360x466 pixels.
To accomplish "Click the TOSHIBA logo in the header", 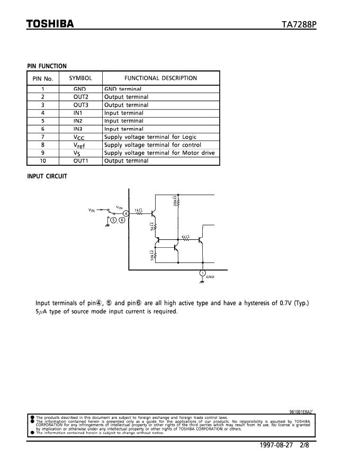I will pyautogui.click(x=50, y=24).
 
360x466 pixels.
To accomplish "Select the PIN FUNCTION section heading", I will pyautogui.click(x=47, y=66).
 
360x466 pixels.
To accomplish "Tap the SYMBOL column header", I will pyautogui.click(x=80, y=78).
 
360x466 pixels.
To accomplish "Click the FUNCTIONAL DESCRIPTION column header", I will pyautogui.click(x=160, y=78).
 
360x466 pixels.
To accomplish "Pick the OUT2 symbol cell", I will pyautogui.click(x=81, y=97).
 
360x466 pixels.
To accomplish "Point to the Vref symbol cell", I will pyautogui.click(x=80, y=145).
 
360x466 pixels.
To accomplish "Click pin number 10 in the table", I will pyautogui.click(x=43, y=160).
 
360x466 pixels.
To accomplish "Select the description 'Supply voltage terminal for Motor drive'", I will pyautogui.click(x=159, y=153).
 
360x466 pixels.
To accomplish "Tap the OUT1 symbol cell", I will pyautogui.click(x=81, y=160).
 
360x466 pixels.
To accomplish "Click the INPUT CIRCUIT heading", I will pyautogui.click(x=47, y=176).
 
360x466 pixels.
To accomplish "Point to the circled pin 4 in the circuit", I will pyautogui.click(x=125, y=213).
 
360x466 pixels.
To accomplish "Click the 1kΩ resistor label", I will pyautogui.click(x=138, y=210).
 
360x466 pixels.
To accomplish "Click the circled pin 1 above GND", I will pyautogui.click(x=202, y=273).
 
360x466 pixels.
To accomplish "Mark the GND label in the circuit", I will pyautogui.click(x=210, y=277).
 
